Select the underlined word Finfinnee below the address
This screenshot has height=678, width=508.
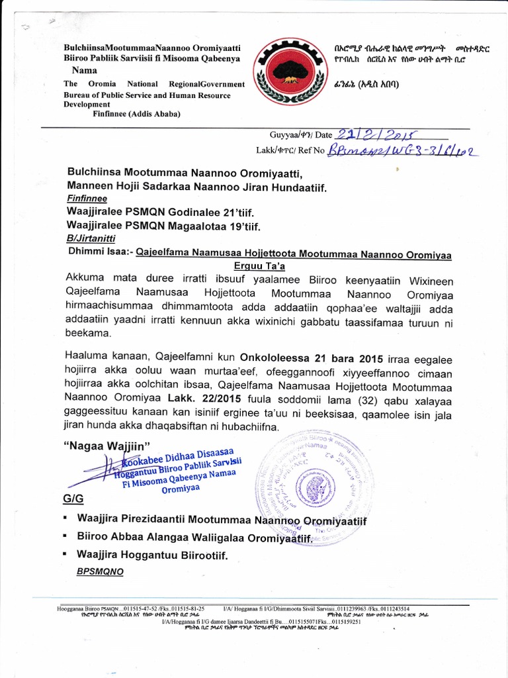click(87, 199)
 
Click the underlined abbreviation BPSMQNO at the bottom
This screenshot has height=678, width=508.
click(100, 570)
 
